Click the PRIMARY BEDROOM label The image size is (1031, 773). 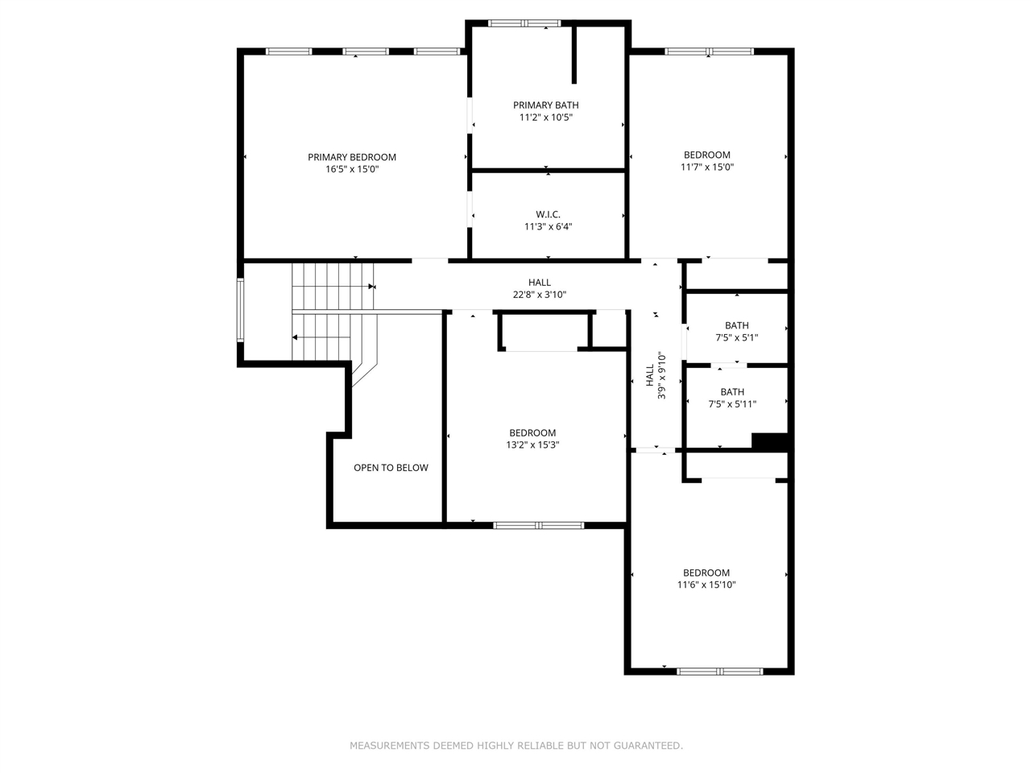click(x=352, y=157)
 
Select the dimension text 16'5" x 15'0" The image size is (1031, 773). click(x=352, y=170)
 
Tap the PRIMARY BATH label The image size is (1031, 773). click(x=546, y=105)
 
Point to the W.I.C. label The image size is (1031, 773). click(x=548, y=214)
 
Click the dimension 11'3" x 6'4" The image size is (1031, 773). click(x=548, y=227)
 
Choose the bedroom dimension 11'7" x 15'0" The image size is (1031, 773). click(x=707, y=167)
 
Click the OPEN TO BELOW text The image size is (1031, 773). click(x=391, y=468)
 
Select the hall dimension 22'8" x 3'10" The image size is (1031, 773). click(x=540, y=295)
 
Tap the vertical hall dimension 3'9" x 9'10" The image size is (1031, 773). click(x=661, y=374)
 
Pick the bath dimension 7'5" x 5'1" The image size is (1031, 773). click(x=736, y=338)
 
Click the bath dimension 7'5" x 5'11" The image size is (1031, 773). click(x=732, y=404)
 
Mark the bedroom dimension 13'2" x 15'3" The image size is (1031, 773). click(x=532, y=445)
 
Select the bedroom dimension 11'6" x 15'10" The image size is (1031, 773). click(x=706, y=585)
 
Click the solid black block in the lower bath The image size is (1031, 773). click(x=769, y=441)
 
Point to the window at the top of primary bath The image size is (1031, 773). click(x=525, y=23)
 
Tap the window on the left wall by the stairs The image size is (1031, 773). click(x=240, y=309)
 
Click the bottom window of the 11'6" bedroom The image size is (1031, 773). click(x=719, y=671)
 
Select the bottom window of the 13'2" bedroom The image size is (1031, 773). click(x=538, y=525)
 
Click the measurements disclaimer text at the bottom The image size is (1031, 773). click(x=515, y=746)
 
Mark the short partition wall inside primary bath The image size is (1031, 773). click(x=574, y=55)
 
